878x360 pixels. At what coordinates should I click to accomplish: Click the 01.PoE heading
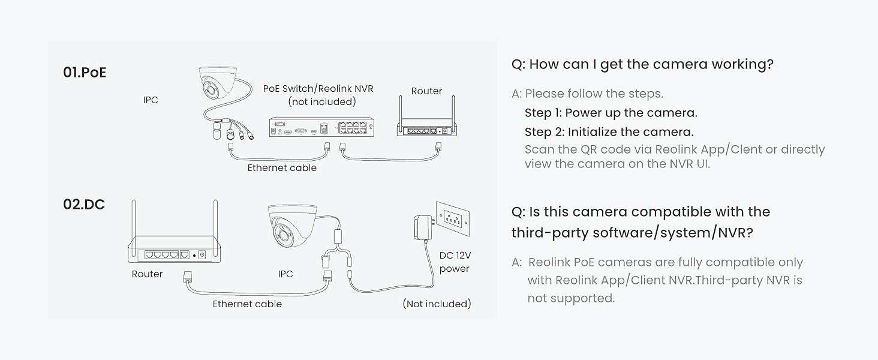pos(85,73)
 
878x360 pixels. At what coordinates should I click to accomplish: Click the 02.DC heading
pos(84,205)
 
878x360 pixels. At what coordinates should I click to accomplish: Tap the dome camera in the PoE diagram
pos(218,84)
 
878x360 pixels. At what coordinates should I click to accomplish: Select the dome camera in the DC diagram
pos(293,226)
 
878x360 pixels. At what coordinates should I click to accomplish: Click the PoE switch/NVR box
pos(321,127)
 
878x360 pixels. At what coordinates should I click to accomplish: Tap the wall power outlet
pos(453,218)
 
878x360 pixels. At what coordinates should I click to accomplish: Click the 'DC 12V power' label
pos(455,262)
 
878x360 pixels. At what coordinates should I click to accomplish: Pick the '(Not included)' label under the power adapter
pos(437,304)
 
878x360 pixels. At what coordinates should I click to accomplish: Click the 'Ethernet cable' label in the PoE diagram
pos(282,168)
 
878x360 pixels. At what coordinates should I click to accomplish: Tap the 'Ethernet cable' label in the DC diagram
pos(247,304)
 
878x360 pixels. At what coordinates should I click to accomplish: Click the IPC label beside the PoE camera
pos(151,100)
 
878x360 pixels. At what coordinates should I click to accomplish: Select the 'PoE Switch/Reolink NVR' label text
pos(318,89)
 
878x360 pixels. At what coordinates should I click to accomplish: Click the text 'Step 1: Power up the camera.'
pos(611,113)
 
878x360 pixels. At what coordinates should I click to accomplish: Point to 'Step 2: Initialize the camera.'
pos(609,132)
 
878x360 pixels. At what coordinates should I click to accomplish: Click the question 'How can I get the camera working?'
pos(651,64)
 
